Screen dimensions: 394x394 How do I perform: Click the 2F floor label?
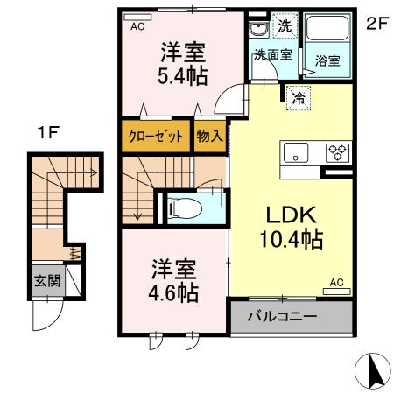click(376, 25)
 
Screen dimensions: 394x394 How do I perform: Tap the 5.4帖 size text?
click(183, 76)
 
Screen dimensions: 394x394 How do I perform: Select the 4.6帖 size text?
click(172, 292)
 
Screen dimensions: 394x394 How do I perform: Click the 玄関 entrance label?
click(46, 281)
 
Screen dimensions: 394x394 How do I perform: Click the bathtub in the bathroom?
click(327, 32)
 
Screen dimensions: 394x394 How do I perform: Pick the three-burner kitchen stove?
click(336, 152)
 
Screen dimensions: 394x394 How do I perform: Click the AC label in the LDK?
click(336, 282)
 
